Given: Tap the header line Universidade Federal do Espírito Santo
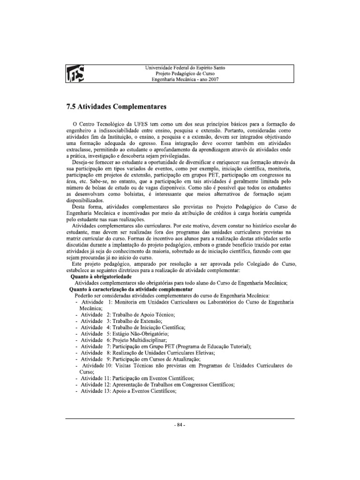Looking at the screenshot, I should pyautogui.click(x=186, y=67).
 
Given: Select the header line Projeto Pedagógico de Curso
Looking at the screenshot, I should pyautogui.click(x=186, y=74).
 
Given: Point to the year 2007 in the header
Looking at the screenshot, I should pyautogui.click(x=212, y=80).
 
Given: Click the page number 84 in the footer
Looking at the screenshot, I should pyautogui.click(x=180, y=425).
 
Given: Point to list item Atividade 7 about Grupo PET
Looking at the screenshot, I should pyautogui.click(x=166, y=346).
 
